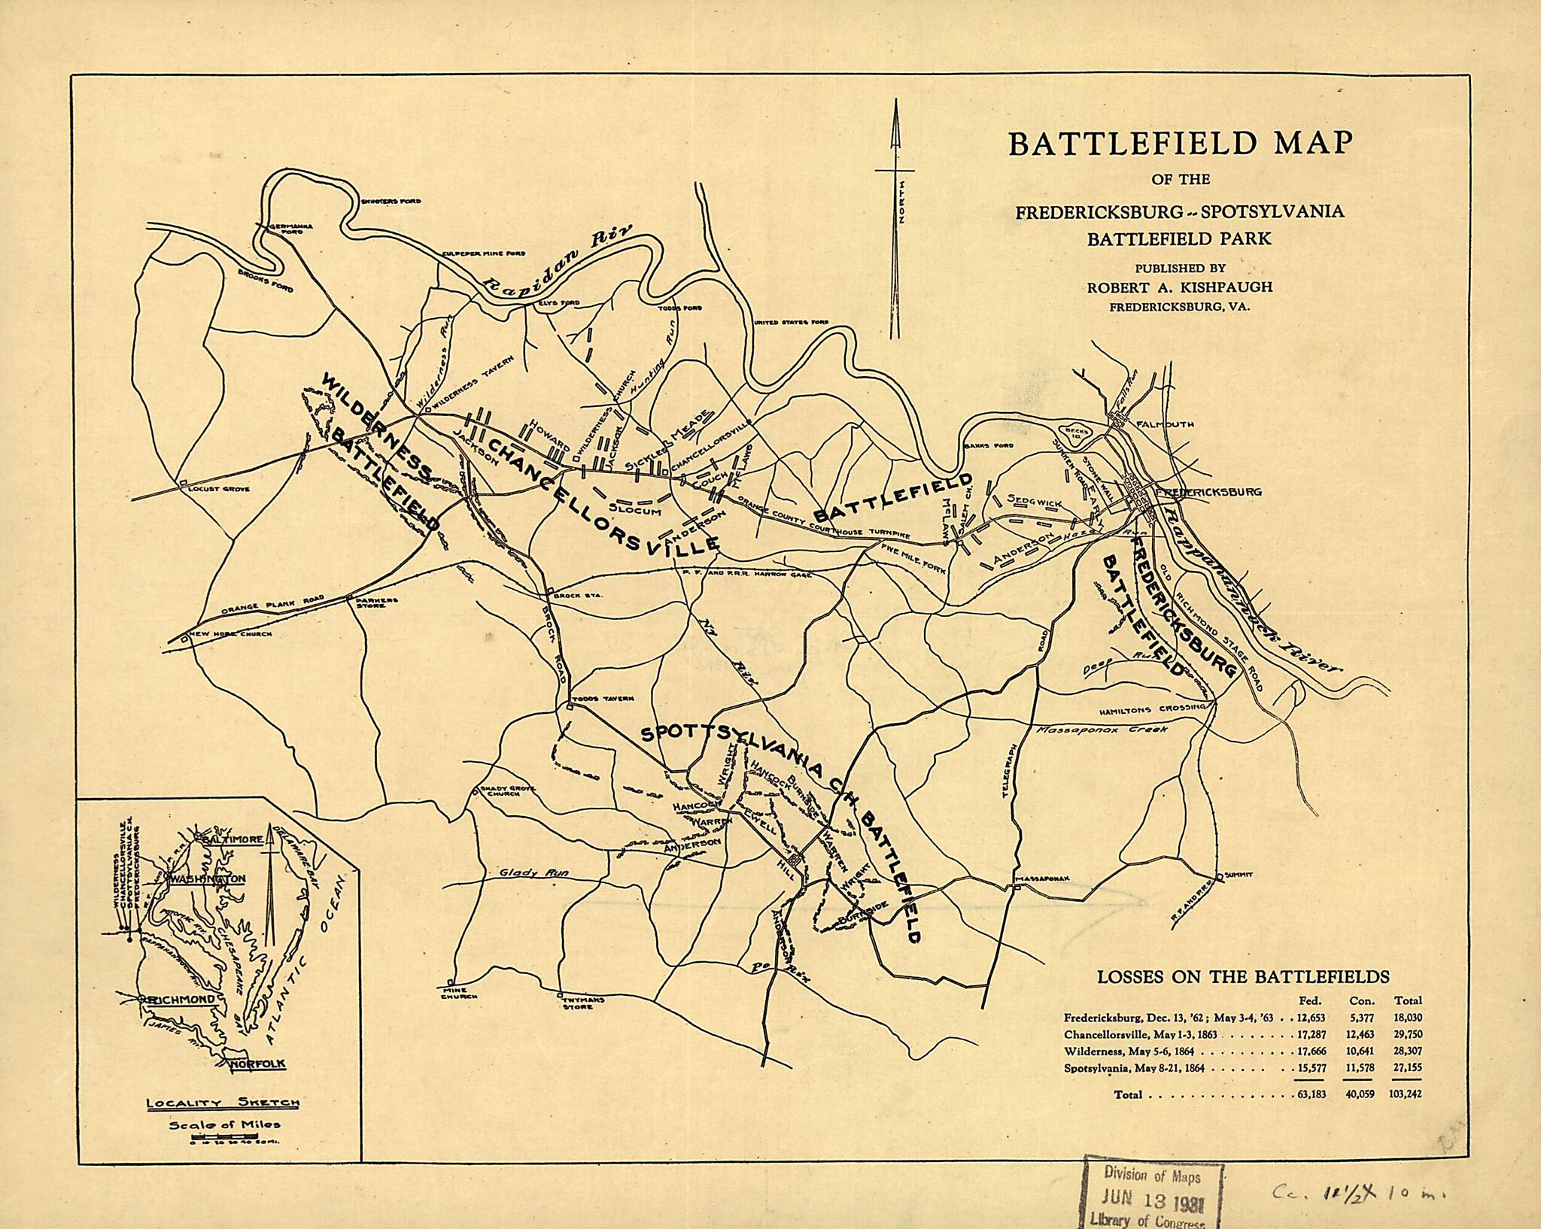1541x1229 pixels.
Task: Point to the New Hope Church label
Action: tap(230, 634)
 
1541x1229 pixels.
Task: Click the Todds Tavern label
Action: tap(606, 699)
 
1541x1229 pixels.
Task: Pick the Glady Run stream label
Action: tap(534, 873)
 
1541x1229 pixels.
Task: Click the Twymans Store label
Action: tap(574, 1003)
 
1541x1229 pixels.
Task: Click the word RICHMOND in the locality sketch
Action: tap(185, 1000)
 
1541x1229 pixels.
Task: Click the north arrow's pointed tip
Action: tap(895, 104)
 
